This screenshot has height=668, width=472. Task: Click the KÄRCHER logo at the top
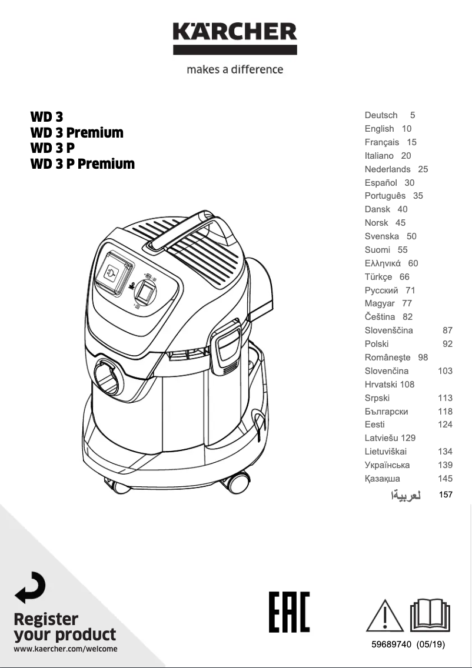coord(235,37)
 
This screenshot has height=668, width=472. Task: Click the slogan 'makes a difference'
coord(235,69)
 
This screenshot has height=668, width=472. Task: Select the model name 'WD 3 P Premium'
coord(82,163)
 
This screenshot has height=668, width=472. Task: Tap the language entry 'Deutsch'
coord(381,115)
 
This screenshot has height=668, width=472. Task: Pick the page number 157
coord(446,495)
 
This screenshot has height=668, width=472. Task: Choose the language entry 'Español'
coord(381,183)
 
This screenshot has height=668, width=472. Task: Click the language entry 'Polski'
coord(377,344)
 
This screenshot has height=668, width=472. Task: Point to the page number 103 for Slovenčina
coord(445,371)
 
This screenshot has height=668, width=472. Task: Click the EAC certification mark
coord(289,612)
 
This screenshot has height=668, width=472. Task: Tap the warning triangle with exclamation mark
coord(385,616)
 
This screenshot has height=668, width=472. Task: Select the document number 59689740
coord(391,644)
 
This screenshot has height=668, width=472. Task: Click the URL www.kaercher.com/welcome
coord(65,649)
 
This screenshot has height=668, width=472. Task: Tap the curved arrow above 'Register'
coord(29,587)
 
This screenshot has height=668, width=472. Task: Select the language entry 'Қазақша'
coord(382,479)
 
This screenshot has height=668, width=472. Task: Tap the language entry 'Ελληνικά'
coord(383,263)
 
